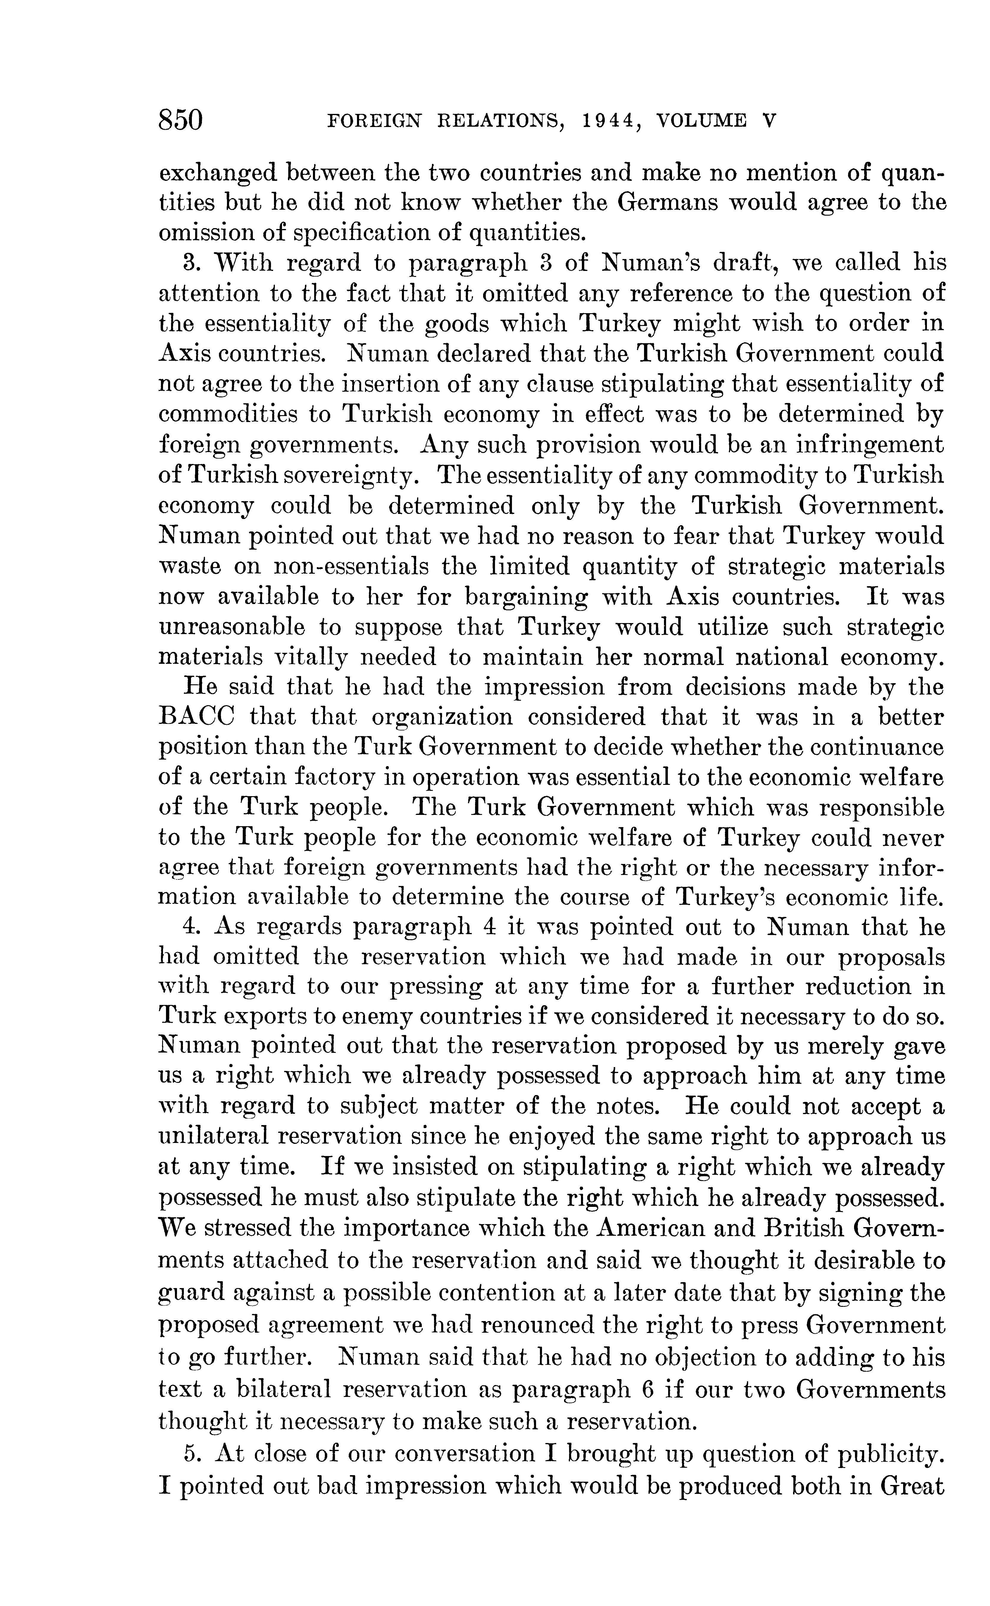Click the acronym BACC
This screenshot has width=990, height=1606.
(196, 717)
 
